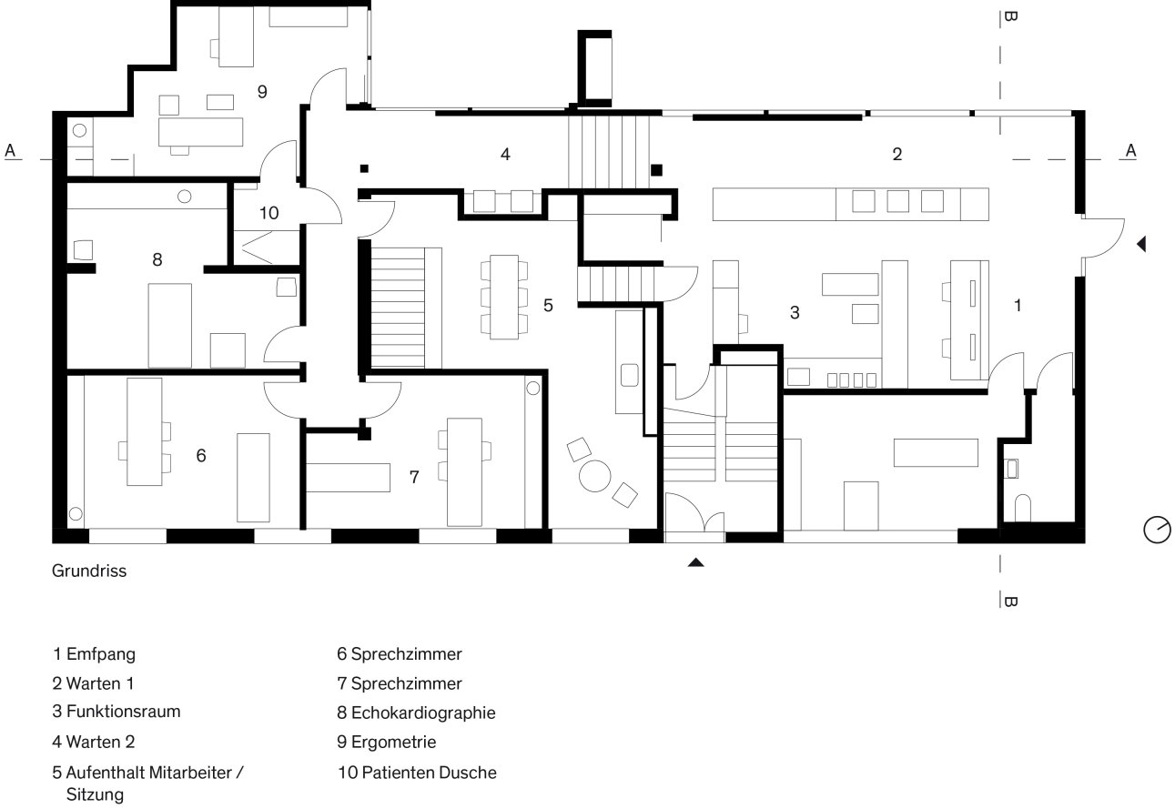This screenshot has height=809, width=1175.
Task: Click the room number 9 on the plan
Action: click(x=262, y=92)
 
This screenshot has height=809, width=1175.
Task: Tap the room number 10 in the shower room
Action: click(x=269, y=213)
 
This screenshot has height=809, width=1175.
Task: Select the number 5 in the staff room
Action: click(x=548, y=306)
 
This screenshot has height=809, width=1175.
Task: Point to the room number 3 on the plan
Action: click(x=795, y=313)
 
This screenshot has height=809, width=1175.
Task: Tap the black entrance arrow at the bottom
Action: click(x=695, y=562)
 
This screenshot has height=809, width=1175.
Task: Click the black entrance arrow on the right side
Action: click(x=1141, y=244)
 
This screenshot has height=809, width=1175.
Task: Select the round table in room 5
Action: click(x=595, y=476)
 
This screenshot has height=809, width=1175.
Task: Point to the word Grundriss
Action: click(x=89, y=571)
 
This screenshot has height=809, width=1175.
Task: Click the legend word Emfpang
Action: click(x=101, y=654)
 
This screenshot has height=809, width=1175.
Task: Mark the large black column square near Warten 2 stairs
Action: click(x=656, y=170)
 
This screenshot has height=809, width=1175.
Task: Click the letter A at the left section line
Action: click(x=10, y=150)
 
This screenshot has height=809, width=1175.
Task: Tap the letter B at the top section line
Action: click(x=1010, y=16)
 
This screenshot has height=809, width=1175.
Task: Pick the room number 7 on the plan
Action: click(x=414, y=477)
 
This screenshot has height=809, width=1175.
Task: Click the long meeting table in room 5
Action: click(x=504, y=297)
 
